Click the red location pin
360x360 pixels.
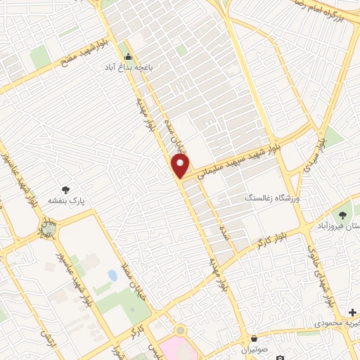click(181, 166)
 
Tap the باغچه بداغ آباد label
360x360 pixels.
click(128, 67)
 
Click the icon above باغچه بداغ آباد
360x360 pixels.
click(128, 57)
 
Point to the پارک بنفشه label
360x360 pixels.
click(66, 200)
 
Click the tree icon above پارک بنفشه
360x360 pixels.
click(66, 190)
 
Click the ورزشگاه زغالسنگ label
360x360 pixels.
click(274, 200)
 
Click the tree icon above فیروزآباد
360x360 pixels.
click(344, 215)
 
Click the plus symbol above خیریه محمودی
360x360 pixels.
click(352, 311)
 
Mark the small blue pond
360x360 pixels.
click(112, 276)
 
